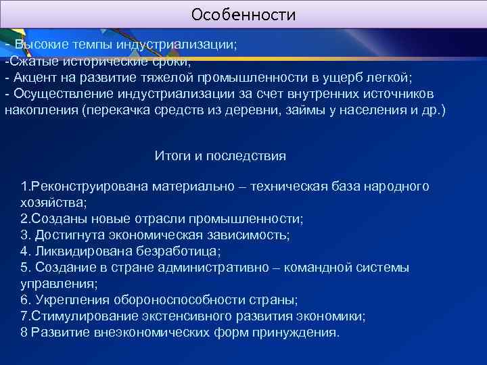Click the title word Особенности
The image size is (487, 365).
click(x=243, y=14)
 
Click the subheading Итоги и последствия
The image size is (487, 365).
click(x=220, y=156)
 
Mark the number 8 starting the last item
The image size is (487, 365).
click(x=24, y=333)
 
